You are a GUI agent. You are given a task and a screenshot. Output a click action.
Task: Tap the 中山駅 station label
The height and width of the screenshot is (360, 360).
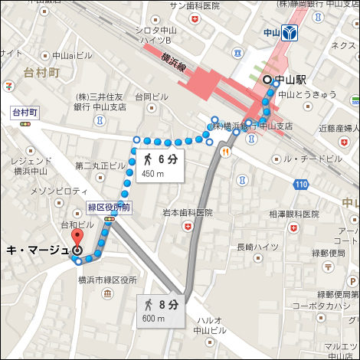pos(291,80)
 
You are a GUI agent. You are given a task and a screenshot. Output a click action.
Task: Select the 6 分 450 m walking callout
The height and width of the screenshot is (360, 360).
pos(162,165)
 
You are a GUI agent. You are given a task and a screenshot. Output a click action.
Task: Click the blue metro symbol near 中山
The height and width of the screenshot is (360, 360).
pos(289,33)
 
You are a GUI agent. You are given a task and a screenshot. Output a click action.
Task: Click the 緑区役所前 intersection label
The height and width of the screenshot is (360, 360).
pos(110,208)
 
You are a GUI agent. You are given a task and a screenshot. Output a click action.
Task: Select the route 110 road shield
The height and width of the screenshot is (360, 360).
pos(301,185)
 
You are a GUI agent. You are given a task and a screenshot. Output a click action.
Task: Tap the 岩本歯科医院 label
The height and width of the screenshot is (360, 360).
pos(187,212)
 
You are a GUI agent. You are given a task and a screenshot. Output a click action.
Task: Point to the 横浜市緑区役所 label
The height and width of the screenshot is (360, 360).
pos(107,280)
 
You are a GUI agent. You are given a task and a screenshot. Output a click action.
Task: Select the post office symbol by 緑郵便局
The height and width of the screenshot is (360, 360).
pos(328,267)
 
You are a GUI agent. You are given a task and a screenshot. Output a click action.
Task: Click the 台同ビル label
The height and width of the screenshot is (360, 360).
pos(152,97)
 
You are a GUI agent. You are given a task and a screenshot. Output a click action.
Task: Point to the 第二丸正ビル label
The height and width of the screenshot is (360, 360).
pos(100,165)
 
